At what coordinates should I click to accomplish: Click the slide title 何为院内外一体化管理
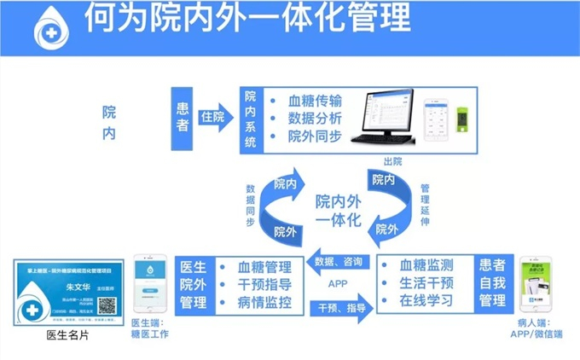[x=247, y=19]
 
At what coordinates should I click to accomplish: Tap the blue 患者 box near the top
[x=183, y=118]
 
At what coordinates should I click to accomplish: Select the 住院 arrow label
[x=213, y=117]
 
